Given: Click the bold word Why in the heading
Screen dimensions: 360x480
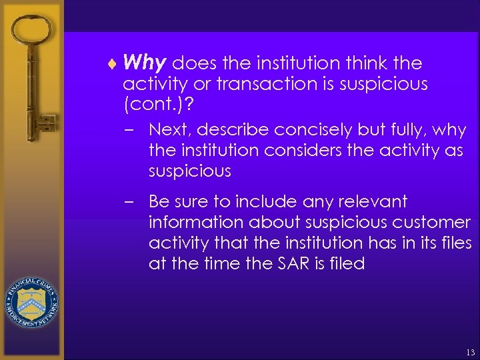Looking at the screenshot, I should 144,63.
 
